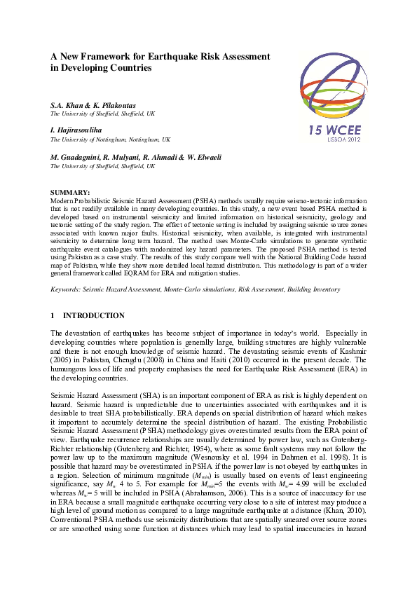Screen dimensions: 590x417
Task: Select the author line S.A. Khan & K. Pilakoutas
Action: coord(93,105)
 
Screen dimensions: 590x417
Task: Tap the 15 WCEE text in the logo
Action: coord(338,130)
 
